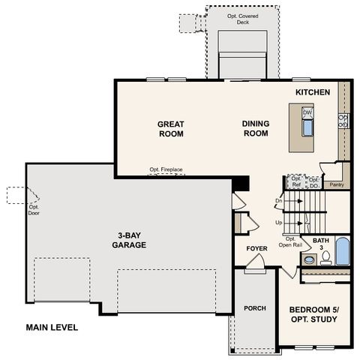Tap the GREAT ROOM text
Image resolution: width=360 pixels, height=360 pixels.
click(x=170, y=128)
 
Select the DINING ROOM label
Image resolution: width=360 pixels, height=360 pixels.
click(x=255, y=128)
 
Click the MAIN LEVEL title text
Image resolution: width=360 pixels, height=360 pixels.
click(x=52, y=327)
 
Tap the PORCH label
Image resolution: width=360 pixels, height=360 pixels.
click(x=254, y=308)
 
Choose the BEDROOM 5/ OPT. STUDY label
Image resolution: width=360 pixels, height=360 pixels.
click(x=313, y=314)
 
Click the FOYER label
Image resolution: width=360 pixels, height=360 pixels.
click(x=257, y=248)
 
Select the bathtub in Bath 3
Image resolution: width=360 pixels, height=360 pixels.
click(x=342, y=251)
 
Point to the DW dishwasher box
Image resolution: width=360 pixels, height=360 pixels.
click(x=307, y=112)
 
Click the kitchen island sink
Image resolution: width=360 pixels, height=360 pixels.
click(x=307, y=127)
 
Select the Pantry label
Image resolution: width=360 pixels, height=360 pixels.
click(x=337, y=184)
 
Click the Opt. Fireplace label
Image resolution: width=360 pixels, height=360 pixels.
click(x=166, y=170)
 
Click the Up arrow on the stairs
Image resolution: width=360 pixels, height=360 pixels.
click(x=279, y=223)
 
